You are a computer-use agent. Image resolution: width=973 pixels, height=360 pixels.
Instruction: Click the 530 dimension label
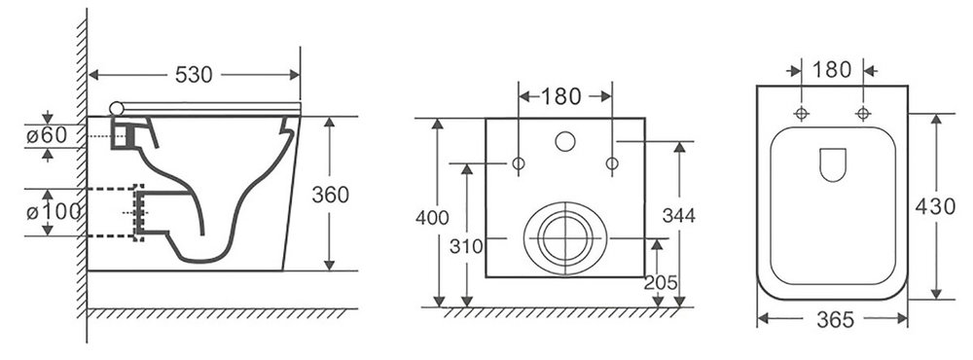(x=194, y=75)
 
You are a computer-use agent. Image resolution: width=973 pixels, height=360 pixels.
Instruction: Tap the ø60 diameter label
(x=47, y=136)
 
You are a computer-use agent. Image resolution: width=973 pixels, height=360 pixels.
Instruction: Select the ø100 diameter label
(x=54, y=212)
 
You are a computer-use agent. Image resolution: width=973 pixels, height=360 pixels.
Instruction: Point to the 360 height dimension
(x=330, y=195)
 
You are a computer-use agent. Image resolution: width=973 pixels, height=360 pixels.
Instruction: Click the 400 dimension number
(x=432, y=218)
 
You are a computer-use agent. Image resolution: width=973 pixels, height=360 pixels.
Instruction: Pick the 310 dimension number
(x=466, y=246)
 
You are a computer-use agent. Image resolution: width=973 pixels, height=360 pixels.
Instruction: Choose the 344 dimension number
(x=679, y=215)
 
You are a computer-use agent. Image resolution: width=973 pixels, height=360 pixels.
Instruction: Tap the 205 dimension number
(x=661, y=282)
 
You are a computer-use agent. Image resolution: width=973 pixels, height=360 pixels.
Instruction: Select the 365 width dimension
(x=835, y=320)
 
